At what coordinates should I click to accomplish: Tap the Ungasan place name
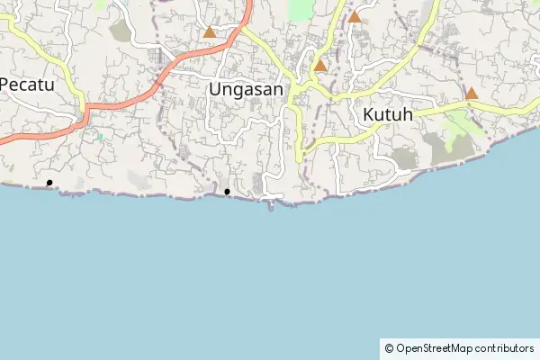[x=246, y=89]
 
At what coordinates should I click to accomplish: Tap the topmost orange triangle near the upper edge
[x=355, y=17]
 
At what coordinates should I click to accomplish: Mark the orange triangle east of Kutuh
[x=471, y=94]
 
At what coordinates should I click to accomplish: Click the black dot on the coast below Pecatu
[x=49, y=183]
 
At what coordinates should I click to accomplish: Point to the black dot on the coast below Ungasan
[x=227, y=191]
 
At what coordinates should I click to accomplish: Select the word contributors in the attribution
[x=504, y=347]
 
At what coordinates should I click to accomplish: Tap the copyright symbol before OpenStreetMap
[x=390, y=347]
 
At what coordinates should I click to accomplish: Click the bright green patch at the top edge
[x=301, y=9]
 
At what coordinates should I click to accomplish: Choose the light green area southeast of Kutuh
[x=459, y=126]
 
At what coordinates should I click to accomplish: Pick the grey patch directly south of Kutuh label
[x=405, y=158]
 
